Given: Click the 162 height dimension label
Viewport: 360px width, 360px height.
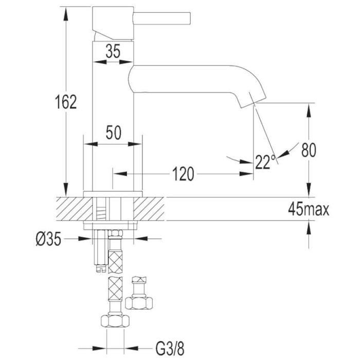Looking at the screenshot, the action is click(66, 102).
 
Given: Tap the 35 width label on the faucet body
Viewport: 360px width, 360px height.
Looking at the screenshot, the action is click(113, 51).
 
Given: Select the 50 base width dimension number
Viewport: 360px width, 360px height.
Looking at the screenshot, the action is click(114, 133).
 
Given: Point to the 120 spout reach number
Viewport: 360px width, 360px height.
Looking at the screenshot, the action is click(183, 174).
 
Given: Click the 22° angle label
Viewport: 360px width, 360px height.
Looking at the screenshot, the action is click(265, 161).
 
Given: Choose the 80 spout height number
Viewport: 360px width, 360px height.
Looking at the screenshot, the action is click(309, 150).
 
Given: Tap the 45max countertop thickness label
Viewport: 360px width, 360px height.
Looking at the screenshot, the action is click(309, 209).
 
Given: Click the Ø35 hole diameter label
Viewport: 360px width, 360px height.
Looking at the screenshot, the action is click(48, 239).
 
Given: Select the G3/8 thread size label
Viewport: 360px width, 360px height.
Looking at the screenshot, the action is click(170, 349).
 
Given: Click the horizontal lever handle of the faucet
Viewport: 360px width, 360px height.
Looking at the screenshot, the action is click(162, 18).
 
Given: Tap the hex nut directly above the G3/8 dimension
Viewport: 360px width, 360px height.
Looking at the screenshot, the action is click(115, 321).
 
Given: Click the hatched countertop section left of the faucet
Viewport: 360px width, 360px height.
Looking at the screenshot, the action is click(74, 209).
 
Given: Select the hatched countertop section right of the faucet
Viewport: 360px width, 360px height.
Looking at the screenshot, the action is click(149, 209).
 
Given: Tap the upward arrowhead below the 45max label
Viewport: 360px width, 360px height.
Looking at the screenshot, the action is click(309, 228).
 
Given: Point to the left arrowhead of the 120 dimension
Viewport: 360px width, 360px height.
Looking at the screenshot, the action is click(120, 174).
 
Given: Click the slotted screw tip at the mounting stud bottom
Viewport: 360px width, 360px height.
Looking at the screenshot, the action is click(100, 268).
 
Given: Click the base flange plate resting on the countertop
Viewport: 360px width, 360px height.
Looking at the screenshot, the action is click(113, 194).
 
